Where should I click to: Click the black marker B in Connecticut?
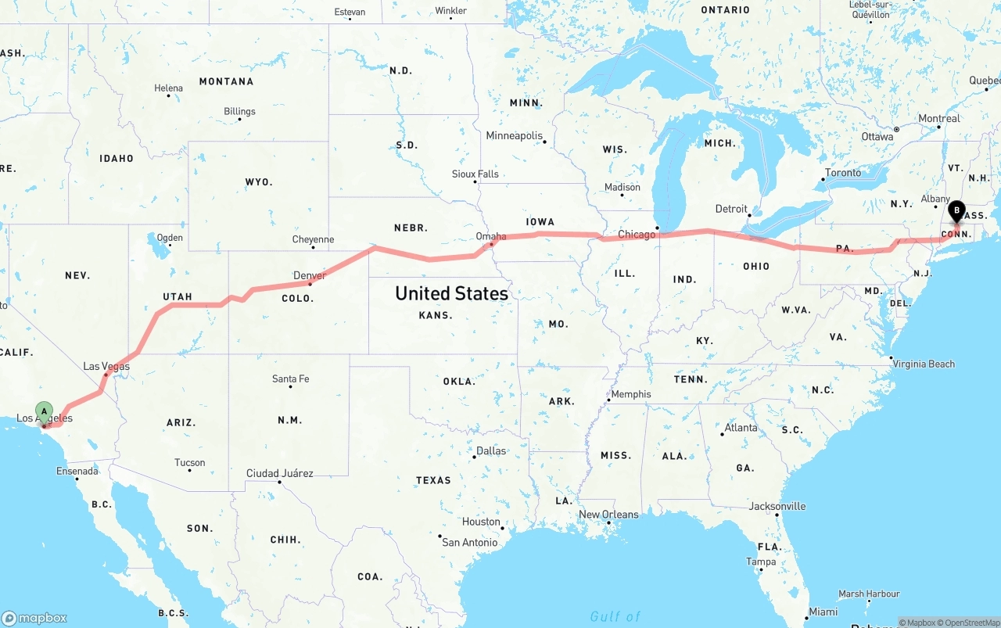(956, 210)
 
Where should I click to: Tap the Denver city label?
(310, 275)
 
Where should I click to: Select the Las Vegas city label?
(106, 366)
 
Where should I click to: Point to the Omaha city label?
(491, 236)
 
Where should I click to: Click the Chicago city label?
(637, 235)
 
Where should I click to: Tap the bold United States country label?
(451, 293)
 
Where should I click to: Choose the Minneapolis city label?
(514, 136)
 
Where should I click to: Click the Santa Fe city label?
(290, 379)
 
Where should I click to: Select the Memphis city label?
(630, 394)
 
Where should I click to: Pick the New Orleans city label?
(608, 515)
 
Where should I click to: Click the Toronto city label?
(843, 173)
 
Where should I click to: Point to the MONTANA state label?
(226, 81)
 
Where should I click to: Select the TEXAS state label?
(432, 480)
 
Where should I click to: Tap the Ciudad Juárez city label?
(279, 473)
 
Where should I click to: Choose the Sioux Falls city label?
(475, 174)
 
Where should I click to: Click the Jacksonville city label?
(777, 506)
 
